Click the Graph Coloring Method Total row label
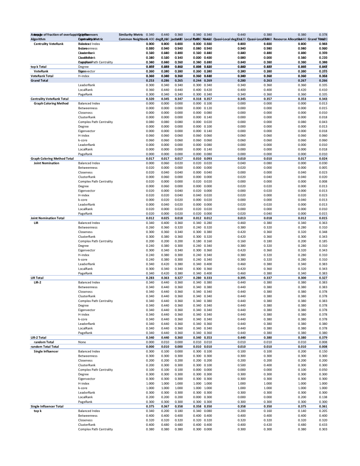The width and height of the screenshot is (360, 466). click(52, 158)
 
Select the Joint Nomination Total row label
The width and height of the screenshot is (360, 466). click(47, 218)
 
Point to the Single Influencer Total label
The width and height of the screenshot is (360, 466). click(47, 406)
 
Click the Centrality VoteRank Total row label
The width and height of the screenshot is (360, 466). click(49, 99)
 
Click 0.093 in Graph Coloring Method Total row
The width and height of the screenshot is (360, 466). click(208, 158)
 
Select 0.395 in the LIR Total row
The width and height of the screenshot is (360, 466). click(241, 278)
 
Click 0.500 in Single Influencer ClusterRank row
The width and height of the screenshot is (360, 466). click(241, 365)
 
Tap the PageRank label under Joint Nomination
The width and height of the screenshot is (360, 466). click(85, 213)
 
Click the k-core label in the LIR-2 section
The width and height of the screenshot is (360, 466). click(82, 319)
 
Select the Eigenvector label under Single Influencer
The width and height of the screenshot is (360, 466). click(86, 379)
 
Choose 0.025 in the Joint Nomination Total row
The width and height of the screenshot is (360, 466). click(165, 218)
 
